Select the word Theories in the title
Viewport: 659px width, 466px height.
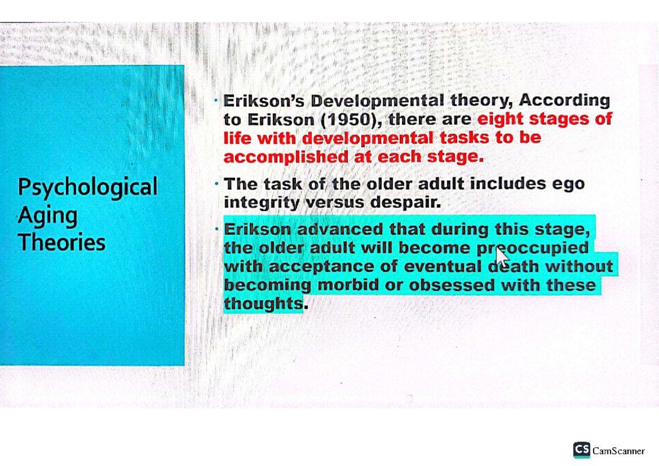point(62,242)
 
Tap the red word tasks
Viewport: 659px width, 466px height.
point(462,137)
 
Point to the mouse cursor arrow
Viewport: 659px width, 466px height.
point(501,256)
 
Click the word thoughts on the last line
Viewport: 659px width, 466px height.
point(263,303)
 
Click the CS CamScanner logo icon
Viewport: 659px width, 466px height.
point(582,450)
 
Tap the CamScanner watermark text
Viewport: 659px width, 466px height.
point(618,451)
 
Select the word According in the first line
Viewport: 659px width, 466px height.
point(564,101)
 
